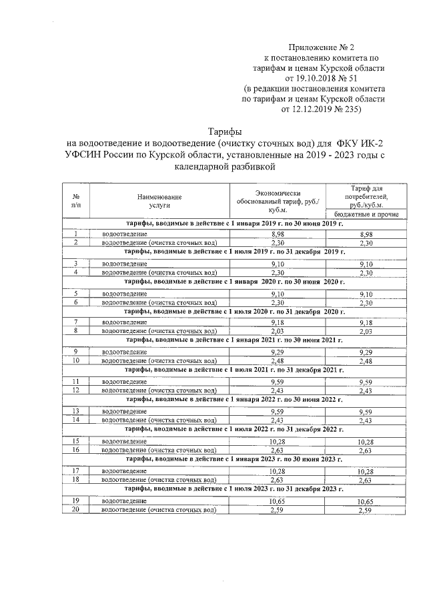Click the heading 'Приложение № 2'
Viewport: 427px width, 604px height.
click(322, 47)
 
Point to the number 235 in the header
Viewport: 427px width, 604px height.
click(347, 107)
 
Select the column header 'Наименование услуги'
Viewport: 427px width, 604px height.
click(159, 202)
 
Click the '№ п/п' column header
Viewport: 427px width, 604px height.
click(76, 202)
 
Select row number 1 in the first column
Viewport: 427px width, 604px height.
click(76, 234)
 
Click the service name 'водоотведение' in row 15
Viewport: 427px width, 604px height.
click(124, 441)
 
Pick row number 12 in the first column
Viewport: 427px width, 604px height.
click(76, 390)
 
